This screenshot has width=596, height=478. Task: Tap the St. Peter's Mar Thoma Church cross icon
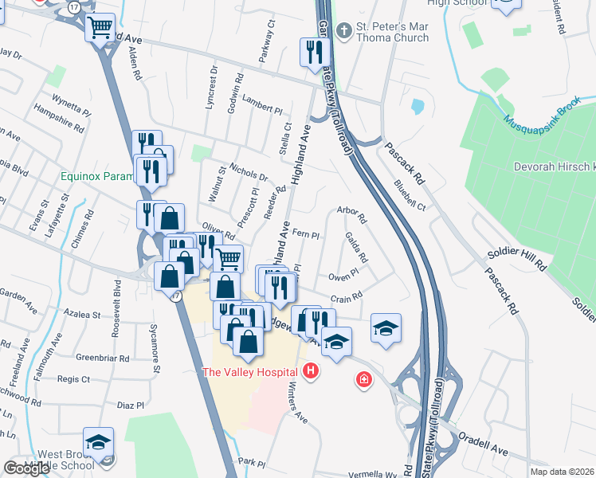point(343,32)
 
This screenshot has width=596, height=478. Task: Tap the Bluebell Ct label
point(410,194)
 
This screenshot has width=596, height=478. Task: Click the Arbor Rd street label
point(351,215)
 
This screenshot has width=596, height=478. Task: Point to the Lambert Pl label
point(263,108)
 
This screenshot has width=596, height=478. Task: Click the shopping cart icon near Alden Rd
point(100,28)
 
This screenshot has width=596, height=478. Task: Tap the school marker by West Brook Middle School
point(98,443)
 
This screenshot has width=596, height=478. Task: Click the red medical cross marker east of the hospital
point(363,380)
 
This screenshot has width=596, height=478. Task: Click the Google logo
point(26,468)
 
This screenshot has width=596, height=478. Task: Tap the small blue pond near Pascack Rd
point(417,105)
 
